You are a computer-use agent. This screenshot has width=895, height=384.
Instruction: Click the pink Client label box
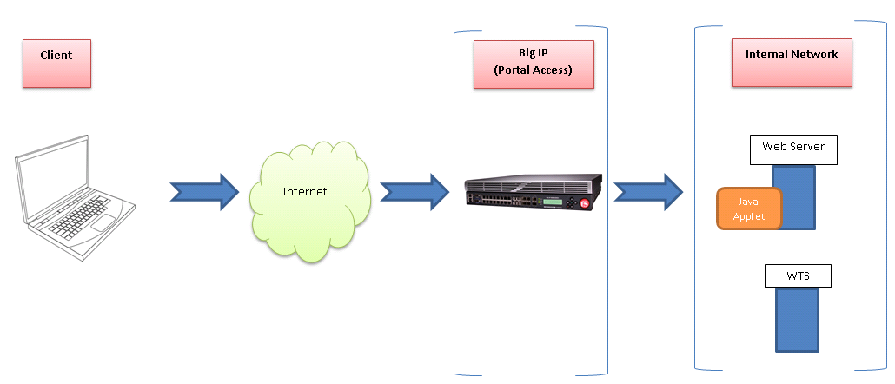pyautogui.click(x=56, y=63)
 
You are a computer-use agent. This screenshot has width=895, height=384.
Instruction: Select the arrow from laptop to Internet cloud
pyautogui.click(x=203, y=191)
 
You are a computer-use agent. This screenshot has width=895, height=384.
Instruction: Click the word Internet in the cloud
pyautogui.click(x=305, y=191)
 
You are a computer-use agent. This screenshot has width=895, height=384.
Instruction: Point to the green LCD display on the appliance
pyautogui.click(x=555, y=204)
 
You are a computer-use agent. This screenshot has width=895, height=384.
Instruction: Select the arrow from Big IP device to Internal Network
pyautogui.click(x=648, y=191)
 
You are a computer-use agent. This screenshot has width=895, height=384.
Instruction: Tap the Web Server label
pyautogui.click(x=792, y=148)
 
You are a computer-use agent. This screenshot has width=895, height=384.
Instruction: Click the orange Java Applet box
pyautogui.click(x=749, y=209)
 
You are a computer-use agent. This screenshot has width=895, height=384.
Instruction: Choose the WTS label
pyautogui.click(x=798, y=276)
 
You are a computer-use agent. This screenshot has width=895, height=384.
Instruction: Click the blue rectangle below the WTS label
pyautogui.click(x=797, y=319)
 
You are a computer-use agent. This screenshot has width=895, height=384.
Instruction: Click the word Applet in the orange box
pyautogui.click(x=749, y=216)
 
